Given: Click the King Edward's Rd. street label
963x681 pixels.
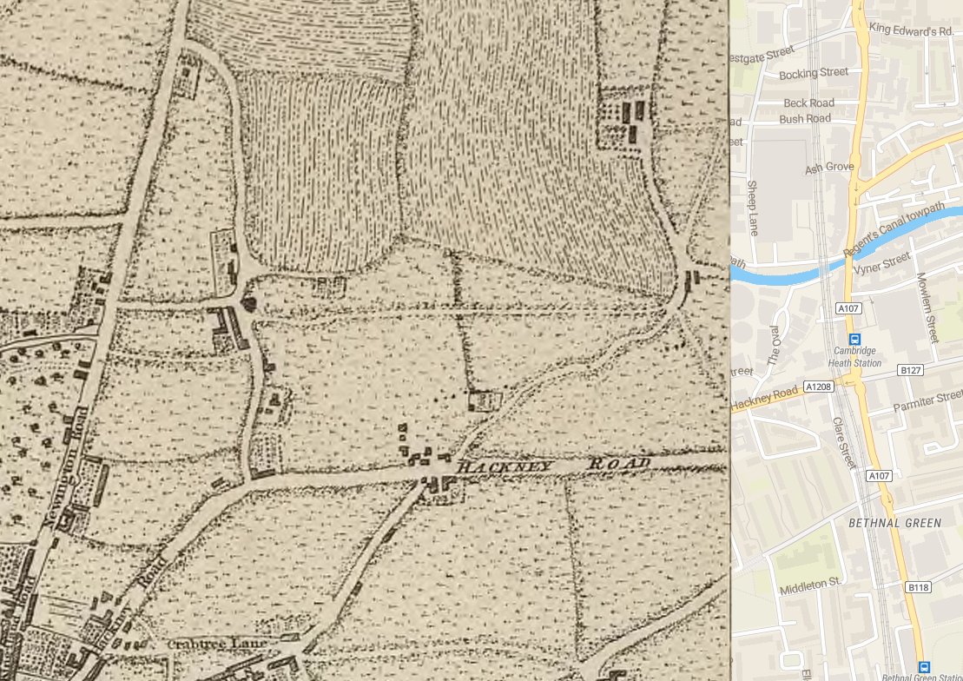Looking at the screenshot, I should click(x=912, y=31).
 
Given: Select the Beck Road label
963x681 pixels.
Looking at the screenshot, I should click(x=808, y=102).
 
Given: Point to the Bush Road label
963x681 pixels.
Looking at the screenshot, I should click(x=805, y=118).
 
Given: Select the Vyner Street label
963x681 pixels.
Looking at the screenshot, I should click(x=881, y=261).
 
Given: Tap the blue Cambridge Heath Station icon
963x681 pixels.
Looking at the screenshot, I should click(x=854, y=340).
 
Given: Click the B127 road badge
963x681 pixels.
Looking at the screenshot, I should click(x=910, y=371).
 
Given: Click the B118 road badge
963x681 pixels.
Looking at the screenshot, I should click(x=918, y=588).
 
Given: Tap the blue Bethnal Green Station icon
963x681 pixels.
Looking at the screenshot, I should click(x=924, y=665).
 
